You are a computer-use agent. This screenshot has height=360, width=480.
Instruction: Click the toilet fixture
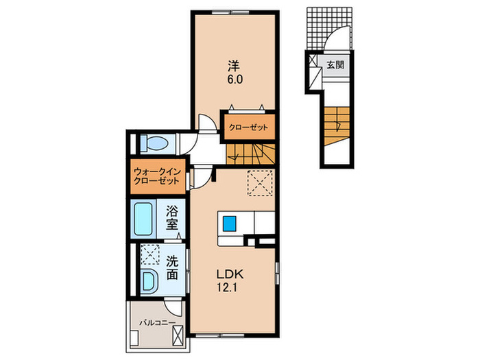[x=154, y=143]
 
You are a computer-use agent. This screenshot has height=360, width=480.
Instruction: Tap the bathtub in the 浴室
[x=143, y=219]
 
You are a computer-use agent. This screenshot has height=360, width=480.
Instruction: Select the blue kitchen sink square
[x=230, y=224]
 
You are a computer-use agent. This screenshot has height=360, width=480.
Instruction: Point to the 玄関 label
[x=335, y=65]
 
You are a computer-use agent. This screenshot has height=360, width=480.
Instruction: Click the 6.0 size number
[x=235, y=80]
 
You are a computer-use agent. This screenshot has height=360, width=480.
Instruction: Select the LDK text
[x=230, y=274]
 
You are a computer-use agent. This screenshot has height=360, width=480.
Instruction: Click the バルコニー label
[x=158, y=322]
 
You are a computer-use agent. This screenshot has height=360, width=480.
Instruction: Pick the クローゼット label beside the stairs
[x=248, y=128]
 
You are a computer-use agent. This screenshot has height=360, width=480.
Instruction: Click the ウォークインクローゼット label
[x=157, y=176]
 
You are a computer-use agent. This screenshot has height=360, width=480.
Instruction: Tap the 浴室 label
[x=171, y=217]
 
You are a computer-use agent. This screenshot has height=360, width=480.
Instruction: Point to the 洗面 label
[x=171, y=268]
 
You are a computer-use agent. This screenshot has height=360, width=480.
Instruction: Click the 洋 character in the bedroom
[x=234, y=66]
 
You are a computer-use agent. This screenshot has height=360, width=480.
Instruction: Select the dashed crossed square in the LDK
[x=260, y=183]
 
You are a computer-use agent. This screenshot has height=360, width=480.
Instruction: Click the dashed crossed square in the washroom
[x=149, y=254]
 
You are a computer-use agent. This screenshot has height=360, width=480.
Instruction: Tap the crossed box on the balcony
[x=178, y=335]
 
